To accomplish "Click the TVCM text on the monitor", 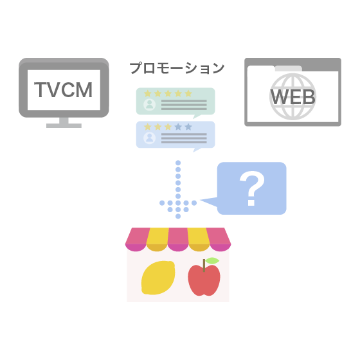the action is pos(64,90).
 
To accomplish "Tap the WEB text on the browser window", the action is pos(292,97).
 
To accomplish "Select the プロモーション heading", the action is pos(177,68).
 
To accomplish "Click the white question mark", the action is pos(252,188).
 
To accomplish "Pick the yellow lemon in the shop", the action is pos(158,278).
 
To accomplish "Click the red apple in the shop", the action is pos(204,280).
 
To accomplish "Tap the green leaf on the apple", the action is pos(212,260).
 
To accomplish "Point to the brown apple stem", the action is pos(204,265).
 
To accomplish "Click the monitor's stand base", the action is pos(64,125).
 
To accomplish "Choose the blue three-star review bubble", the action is pos(175,136).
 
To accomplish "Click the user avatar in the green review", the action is pos(149,104).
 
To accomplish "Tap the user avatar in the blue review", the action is pos(149,138).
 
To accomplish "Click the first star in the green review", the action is pos(147,93).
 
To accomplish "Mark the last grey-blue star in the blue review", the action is pos(188,127).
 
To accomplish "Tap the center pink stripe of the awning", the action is pos(178,239).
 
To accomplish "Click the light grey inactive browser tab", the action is pos(289,68).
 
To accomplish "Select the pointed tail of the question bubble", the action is pos(202,200).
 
